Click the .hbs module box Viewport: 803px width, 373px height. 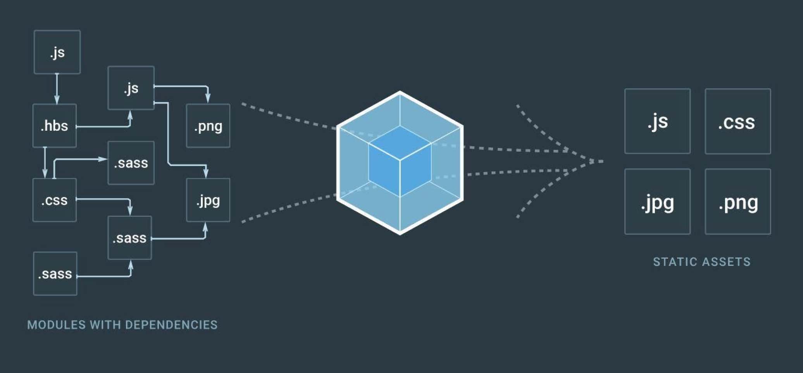[55, 126]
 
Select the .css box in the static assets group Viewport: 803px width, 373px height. [738, 121]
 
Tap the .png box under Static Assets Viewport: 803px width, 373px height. [738, 202]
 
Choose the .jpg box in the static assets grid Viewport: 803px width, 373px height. [657, 202]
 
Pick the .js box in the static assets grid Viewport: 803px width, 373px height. [657, 121]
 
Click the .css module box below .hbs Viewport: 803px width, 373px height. [55, 200]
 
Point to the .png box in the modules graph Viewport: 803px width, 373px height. [208, 126]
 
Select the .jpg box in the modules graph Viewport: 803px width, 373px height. [208, 200]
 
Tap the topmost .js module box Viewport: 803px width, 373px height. [57, 52]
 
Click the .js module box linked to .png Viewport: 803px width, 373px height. [131, 88]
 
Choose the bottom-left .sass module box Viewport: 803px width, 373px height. [55, 274]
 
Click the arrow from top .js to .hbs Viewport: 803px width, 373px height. [57, 89]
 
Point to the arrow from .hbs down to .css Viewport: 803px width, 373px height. [45, 163]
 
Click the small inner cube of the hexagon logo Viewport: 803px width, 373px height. [400, 161]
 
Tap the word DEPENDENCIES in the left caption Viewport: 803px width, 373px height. [171, 325]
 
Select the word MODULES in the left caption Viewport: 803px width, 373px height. [56, 325]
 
